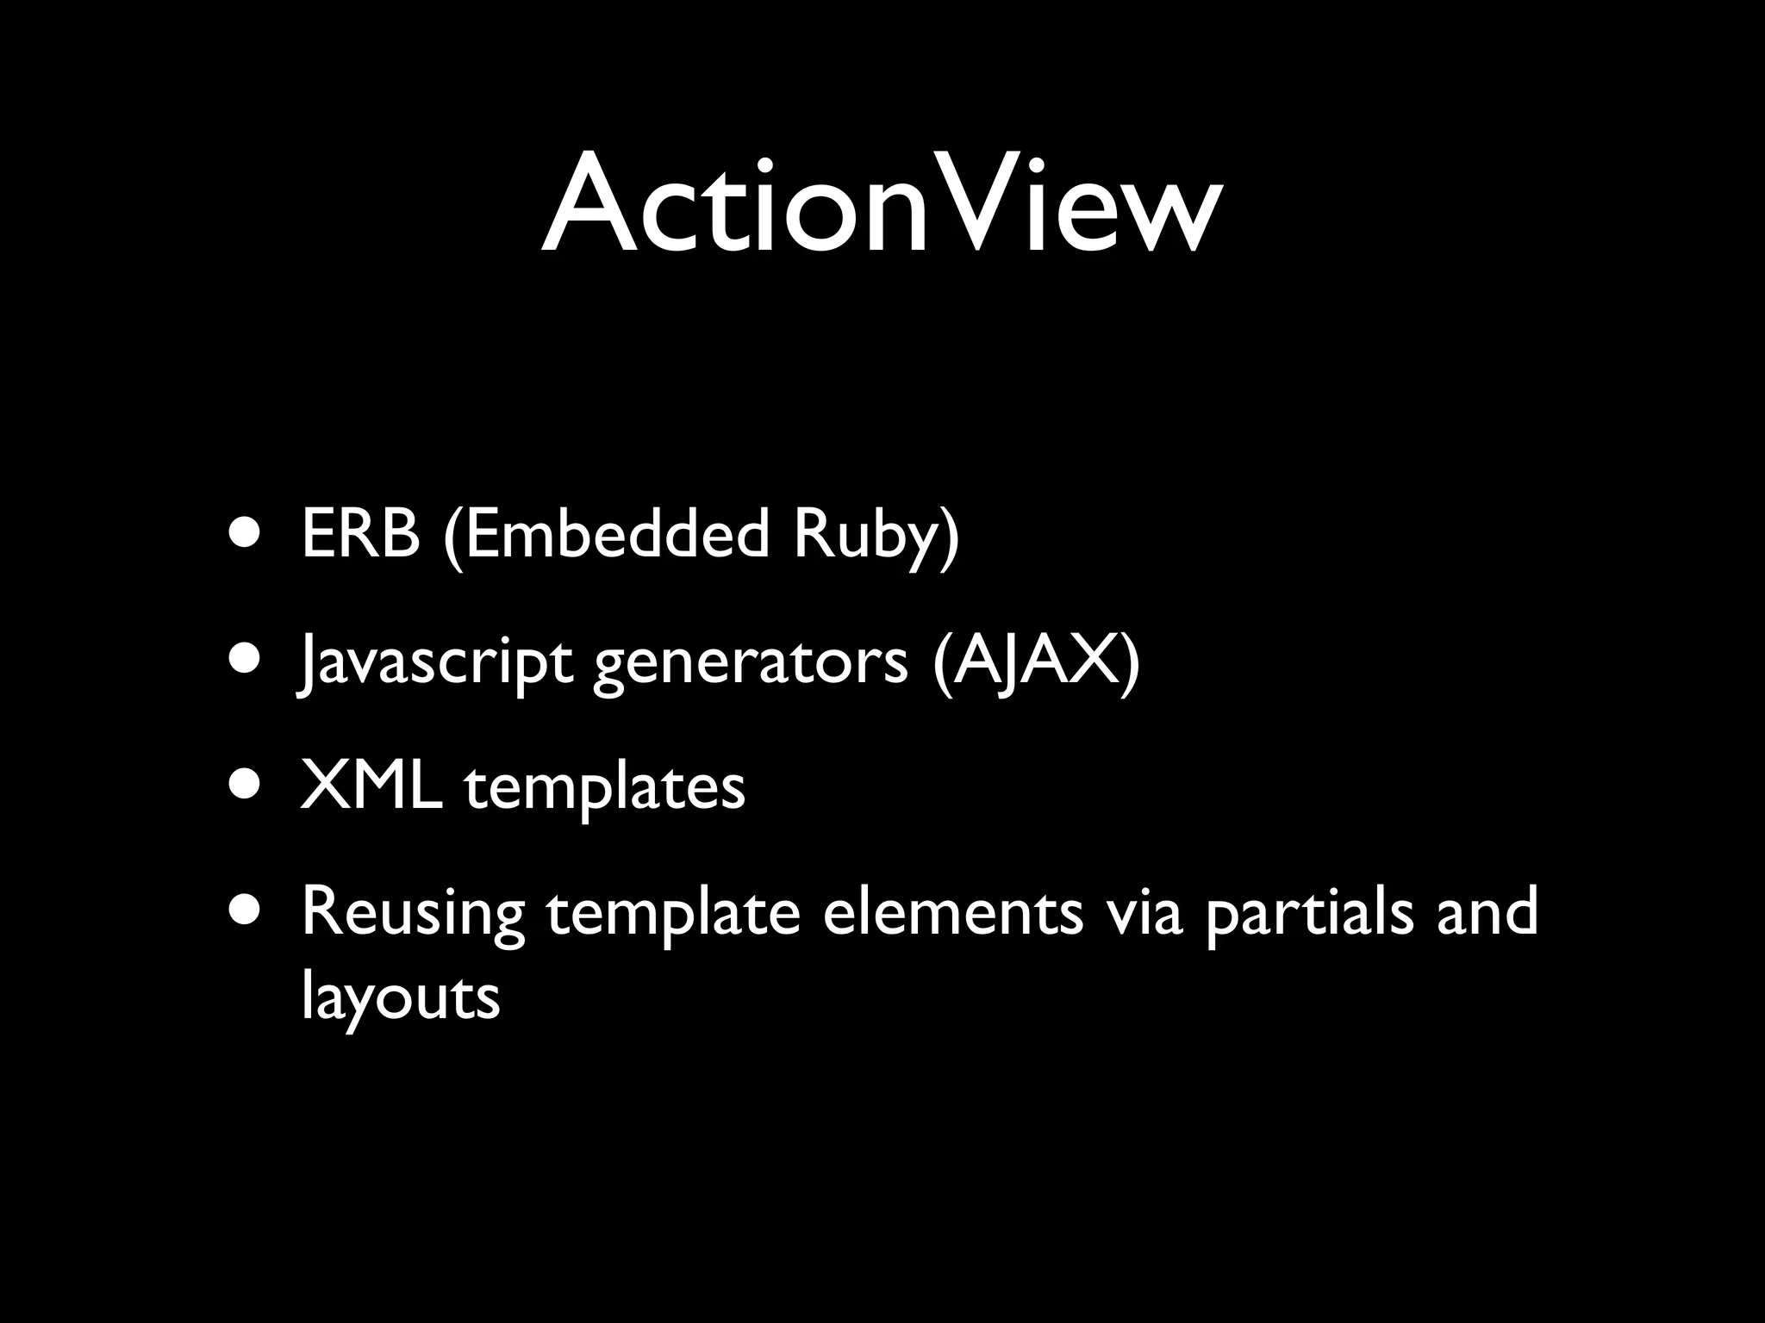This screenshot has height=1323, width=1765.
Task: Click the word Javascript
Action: (434, 663)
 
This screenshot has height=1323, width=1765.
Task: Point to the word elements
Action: (952, 913)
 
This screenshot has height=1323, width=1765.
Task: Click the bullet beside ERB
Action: (246, 533)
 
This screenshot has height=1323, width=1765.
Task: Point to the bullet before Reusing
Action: (246, 913)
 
